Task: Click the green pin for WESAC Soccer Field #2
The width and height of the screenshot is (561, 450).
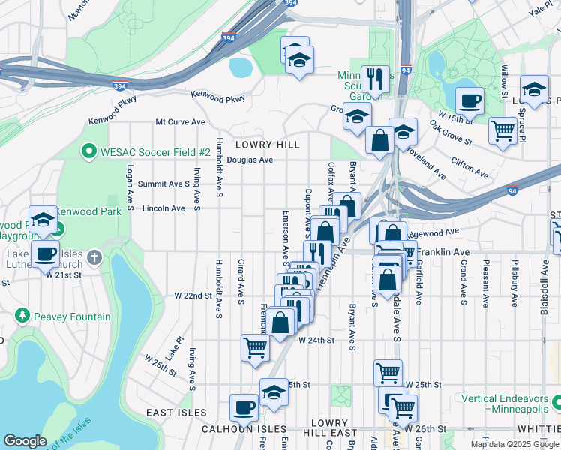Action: pos(89,152)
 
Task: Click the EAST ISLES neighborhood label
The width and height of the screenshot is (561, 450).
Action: pos(175,412)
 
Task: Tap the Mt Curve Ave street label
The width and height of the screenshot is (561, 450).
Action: pos(180,121)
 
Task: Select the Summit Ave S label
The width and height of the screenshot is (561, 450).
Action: pos(168,184)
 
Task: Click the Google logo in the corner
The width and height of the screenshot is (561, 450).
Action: pos(25,441)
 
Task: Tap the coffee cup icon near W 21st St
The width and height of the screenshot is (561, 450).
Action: pos(45,253)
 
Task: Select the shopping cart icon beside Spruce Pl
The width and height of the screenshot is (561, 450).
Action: pos(502,130)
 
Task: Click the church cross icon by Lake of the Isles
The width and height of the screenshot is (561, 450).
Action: pos(94,258)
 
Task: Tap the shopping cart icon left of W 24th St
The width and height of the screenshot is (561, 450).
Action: pos(254,347)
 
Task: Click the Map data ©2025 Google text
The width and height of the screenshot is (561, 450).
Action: pos(514,444)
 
